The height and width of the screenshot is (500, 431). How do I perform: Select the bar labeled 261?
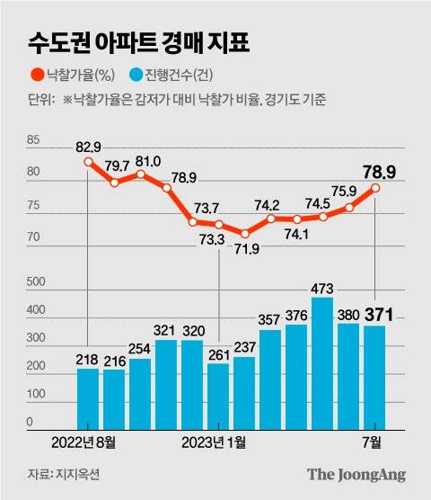[x=218, y=395]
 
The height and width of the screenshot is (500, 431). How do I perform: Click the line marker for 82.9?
[x=88, y=162]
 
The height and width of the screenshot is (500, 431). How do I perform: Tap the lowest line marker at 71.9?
[x=244, y=233]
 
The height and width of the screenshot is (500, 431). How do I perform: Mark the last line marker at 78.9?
[x=374, y=188]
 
